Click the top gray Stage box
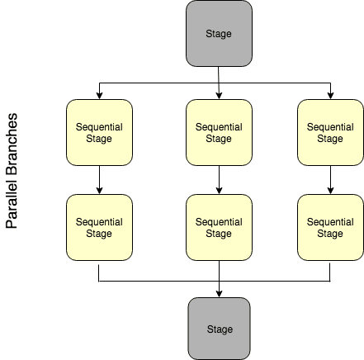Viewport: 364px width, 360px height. [x=219, y=34]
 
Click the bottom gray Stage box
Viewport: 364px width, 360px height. [x=219, y=329]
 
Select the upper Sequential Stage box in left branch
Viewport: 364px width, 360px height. [x=99, y=133]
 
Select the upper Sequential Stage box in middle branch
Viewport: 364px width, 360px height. [x=219, y=133]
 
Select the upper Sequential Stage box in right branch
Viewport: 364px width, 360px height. [x=330, y=133]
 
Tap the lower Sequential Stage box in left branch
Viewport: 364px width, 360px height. [x=99, y=227]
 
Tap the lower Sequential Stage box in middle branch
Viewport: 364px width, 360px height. [x=219, y=227]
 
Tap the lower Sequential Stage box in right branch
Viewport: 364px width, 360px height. [x=330, y=227]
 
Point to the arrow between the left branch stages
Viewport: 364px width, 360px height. [x=99, y=180]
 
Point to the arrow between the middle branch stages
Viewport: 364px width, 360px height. [x=219, y=180]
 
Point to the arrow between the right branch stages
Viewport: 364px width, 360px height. [x=330, y=180]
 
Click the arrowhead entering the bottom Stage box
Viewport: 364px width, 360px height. [x=219, y=293]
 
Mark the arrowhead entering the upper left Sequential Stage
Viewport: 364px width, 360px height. [x=99, y=95]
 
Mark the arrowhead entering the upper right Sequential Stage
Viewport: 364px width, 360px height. [x=330, y=95]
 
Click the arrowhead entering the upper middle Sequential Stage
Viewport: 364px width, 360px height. [x=219, y=95]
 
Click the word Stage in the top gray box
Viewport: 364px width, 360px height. [x=219, y=34]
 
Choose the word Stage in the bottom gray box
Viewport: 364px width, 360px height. [x=219, y=329]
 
